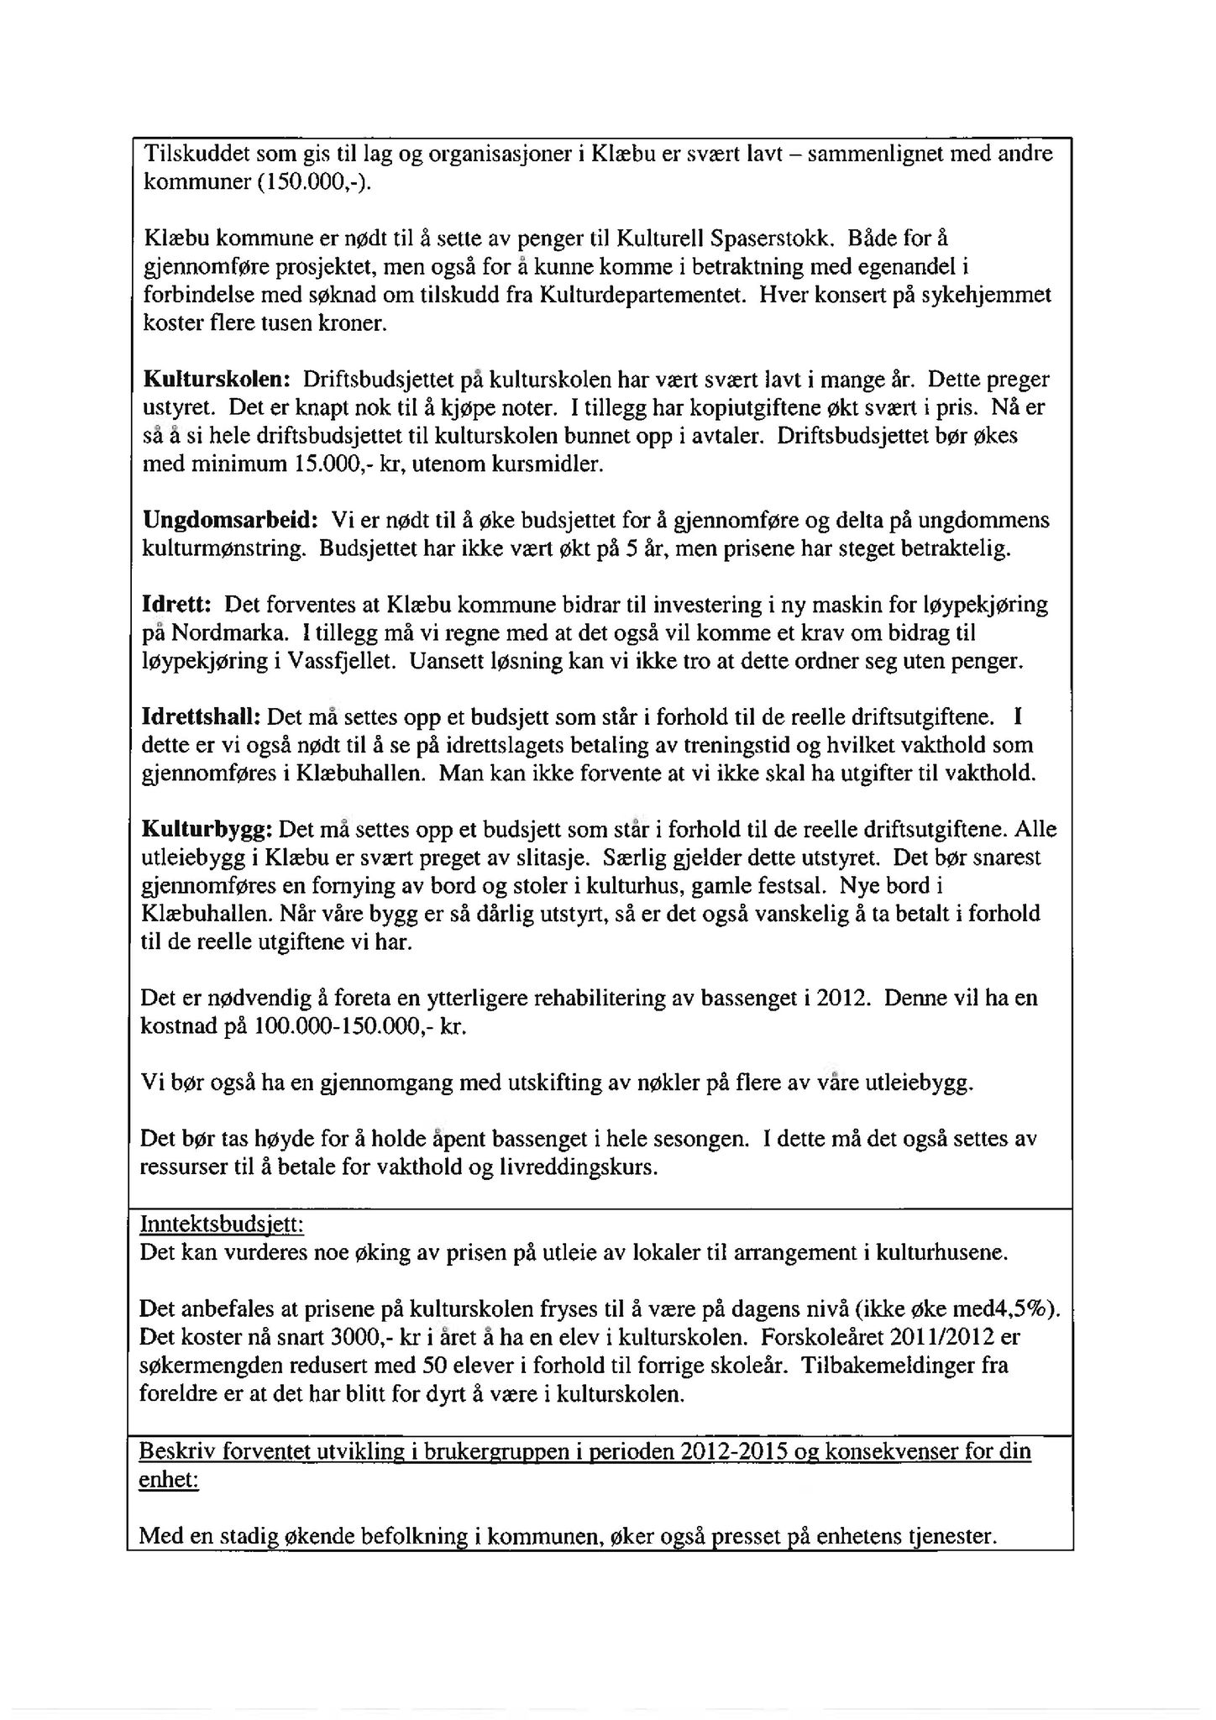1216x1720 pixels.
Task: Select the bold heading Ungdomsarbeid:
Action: pyautogui.click(x=230, y=520)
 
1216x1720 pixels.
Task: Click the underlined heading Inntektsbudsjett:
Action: pyautogui.click(x=222, y=1225)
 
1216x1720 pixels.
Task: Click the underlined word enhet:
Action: pyautogui.click(x=169, y=1480)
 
